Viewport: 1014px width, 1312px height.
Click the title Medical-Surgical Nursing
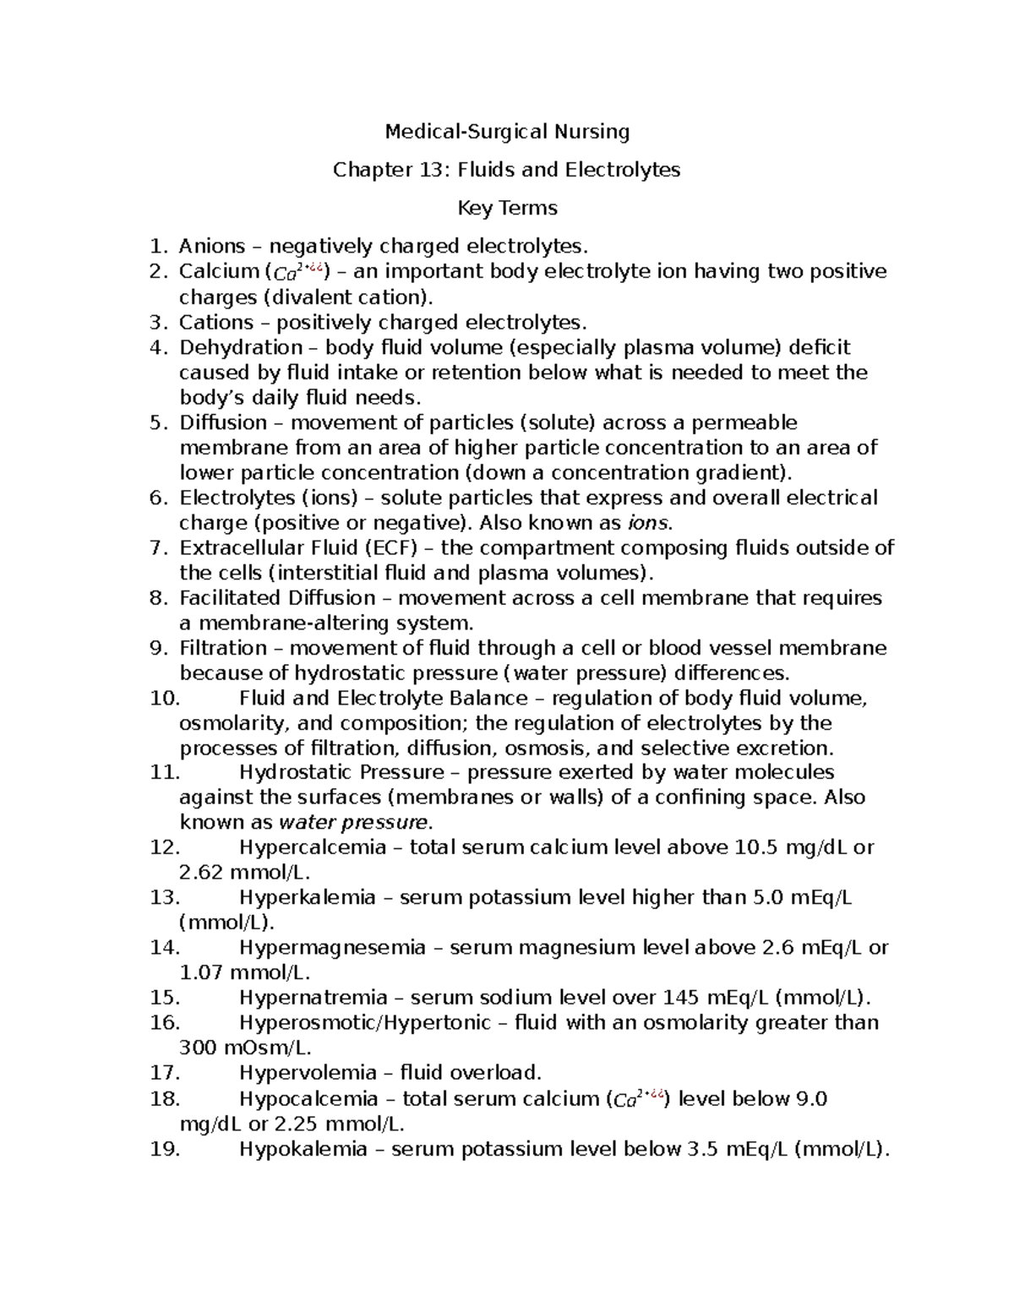[507, 132]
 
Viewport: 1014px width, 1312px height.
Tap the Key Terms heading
[507, 208]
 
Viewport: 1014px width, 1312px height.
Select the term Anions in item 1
[211, 247]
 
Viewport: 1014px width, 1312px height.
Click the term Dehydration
[241, 347]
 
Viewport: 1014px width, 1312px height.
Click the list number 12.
[165, 847]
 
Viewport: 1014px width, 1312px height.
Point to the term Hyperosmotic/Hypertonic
[365, 1023]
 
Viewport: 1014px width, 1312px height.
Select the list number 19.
[165, 1149]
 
